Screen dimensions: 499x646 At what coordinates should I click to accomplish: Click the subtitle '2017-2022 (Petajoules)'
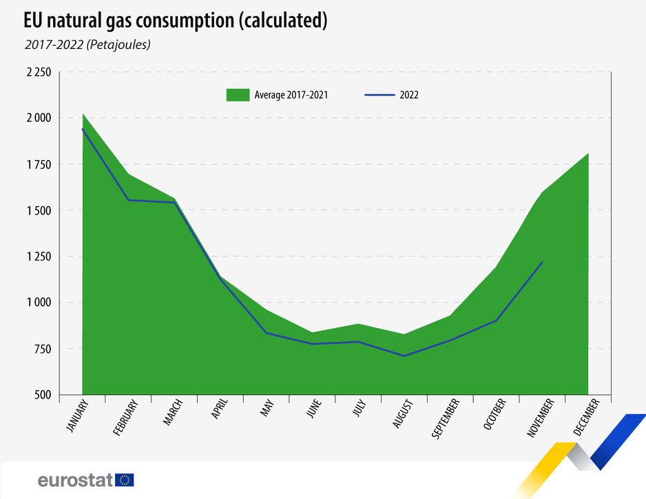pyautogui.click(x=86, y=45)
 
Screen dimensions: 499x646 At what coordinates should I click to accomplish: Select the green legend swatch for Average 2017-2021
pyautogui.click(x=238, y=95)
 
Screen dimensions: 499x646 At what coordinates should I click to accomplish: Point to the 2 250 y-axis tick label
pyautogui.click(x=37, y=72)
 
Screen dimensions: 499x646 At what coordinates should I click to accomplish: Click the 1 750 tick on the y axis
pyautogui.click(x=37, y=164)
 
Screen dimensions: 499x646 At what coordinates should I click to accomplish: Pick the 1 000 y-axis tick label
pyautogui.click(x=37, y=303)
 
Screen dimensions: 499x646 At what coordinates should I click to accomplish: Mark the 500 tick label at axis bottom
pyautogui.click(x=43, y=395)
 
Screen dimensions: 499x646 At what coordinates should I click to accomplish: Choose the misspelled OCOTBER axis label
pyautogui.click(x=495, y=415)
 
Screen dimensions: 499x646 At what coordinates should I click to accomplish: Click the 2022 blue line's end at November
pyautogui.click(x=543, y=262)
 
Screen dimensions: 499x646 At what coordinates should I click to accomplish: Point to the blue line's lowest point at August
pyautogui.click(x=405, y=356)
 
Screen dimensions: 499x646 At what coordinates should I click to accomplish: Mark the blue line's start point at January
pyautogui.click(x=83, y=129)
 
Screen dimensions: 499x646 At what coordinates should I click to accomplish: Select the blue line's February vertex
pyautogui.click(x=128, y=200)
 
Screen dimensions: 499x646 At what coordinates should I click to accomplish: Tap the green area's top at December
pyautogui.click(x=588, y=153)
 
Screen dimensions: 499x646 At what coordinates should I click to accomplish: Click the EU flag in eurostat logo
pyautogui.click(x=125, y=480)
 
